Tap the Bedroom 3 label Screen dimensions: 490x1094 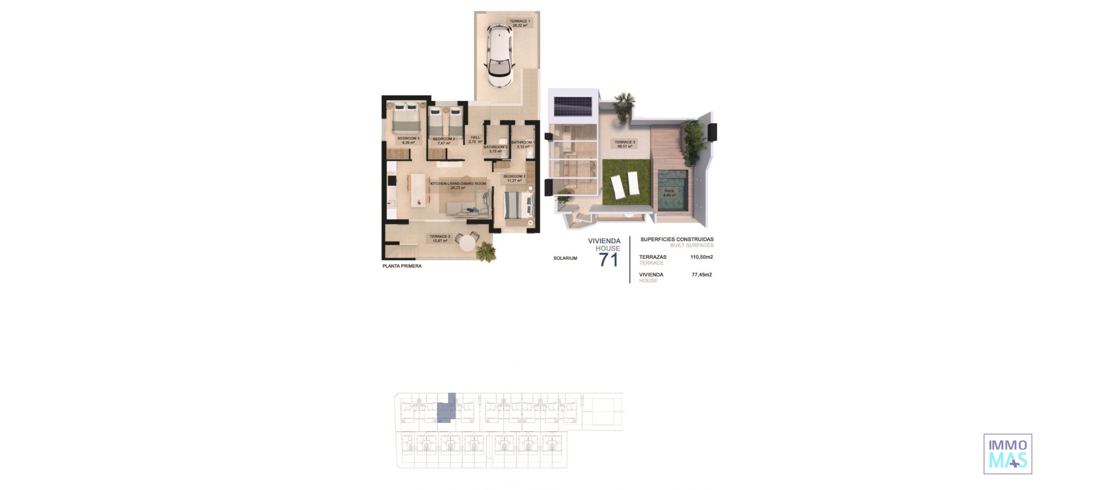point(408,140)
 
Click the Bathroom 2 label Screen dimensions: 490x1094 point(495,149)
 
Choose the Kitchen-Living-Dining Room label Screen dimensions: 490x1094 point(458,185)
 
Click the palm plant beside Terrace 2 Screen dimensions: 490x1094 point(485,251)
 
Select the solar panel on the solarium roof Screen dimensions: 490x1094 point(573,105)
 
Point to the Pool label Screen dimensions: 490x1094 point(670,193)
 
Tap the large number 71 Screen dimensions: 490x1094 point(608,260)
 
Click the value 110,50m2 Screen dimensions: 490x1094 point(701,257)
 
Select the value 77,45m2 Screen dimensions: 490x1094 point(701,275)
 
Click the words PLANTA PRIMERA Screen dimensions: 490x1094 point(402,266)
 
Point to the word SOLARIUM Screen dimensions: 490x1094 point(565,258)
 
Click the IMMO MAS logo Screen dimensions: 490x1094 point(1007,454)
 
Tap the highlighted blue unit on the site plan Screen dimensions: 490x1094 point(447,411)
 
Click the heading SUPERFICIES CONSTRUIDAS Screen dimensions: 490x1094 point(677,239)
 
